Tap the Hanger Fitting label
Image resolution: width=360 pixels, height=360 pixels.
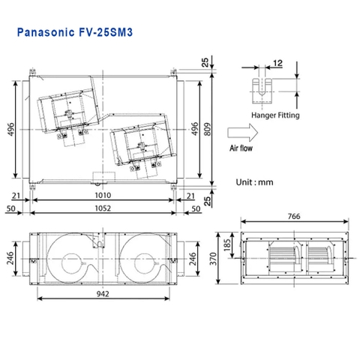(274, 115)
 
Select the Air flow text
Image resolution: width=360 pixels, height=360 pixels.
(243, 150)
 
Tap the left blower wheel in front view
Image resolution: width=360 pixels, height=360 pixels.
(73, 258)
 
